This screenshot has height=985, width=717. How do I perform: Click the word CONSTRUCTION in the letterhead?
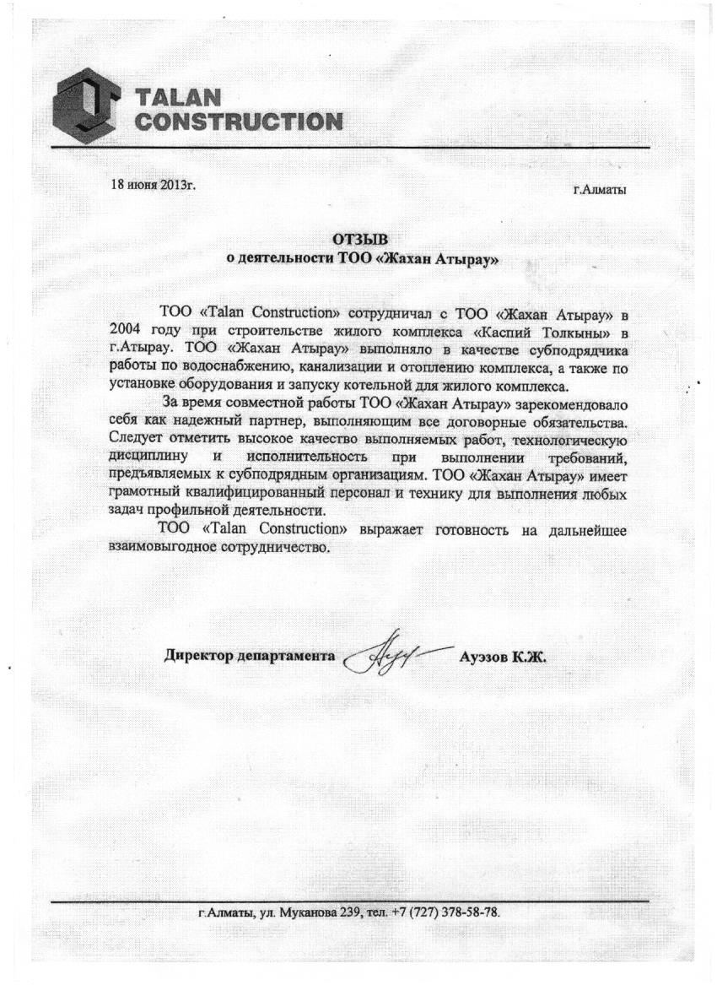[240, 121]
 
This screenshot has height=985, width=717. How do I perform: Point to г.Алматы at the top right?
[600, 190]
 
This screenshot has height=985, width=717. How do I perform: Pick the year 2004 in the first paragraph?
[127, 331]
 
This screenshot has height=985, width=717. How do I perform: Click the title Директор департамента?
[249, 656]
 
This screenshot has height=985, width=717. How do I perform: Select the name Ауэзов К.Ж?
[504, 657]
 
